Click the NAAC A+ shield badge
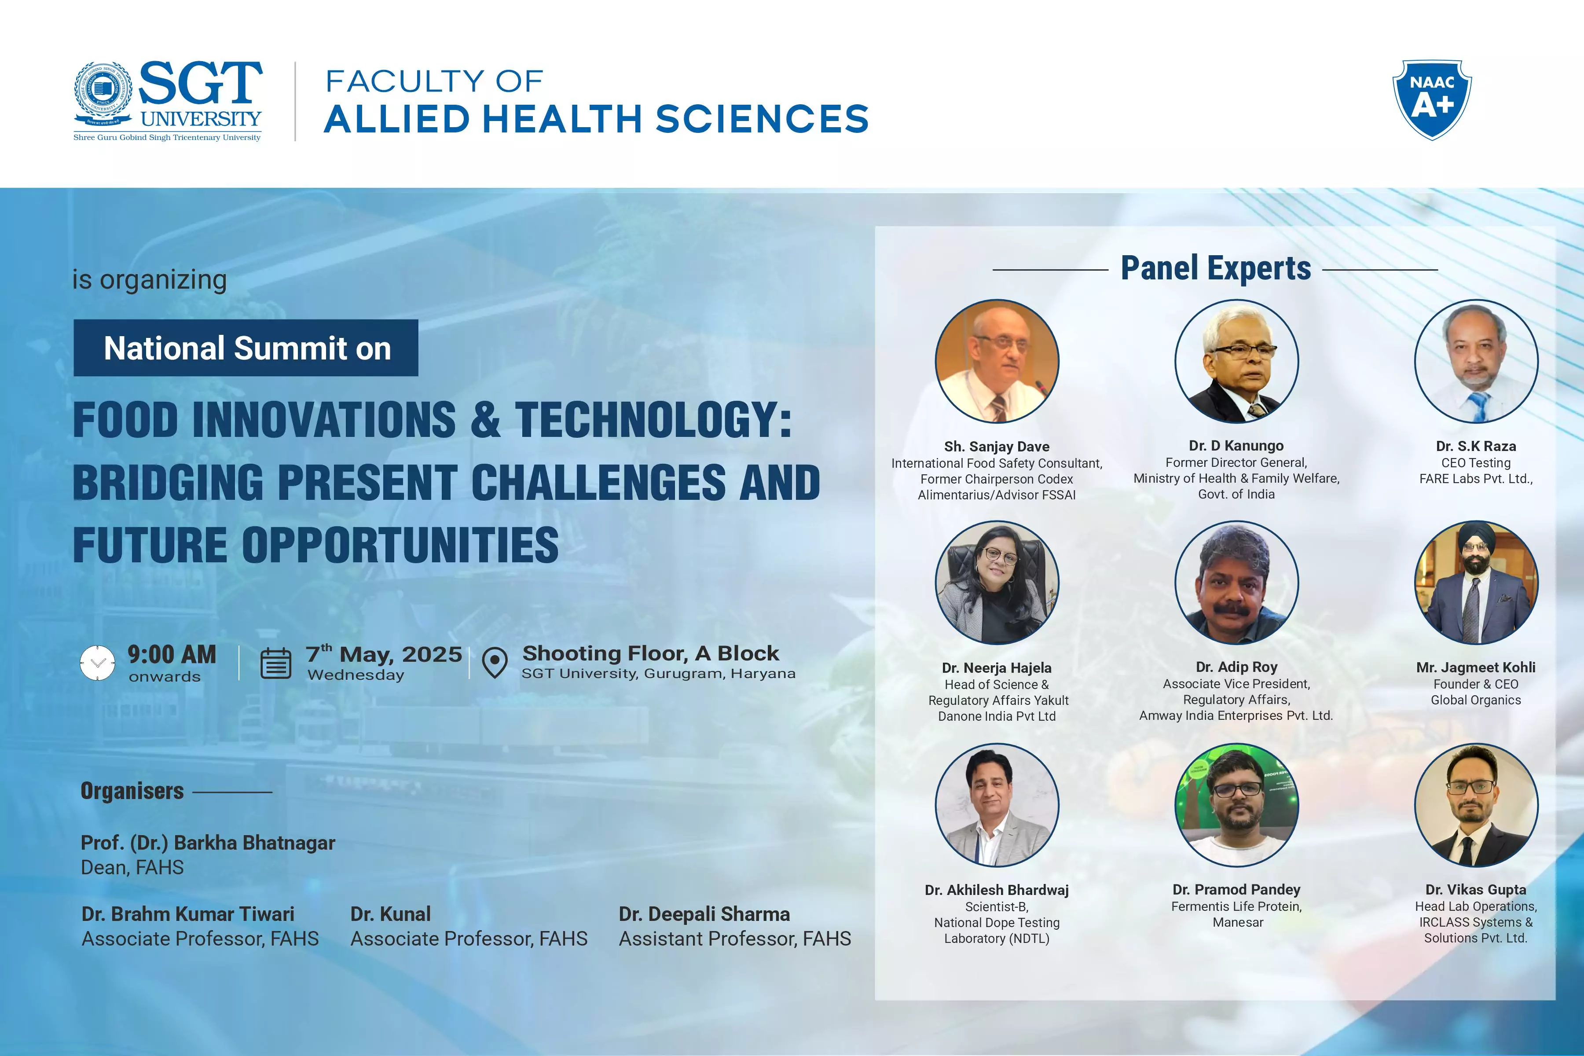[x=1432, y=100]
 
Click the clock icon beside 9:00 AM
[x=98, y=663]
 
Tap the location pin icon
[x=495, y=663]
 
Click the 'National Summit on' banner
[x=246, y=348]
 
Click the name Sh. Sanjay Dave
[x=997, y=447]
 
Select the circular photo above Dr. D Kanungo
[x=1236, y=361]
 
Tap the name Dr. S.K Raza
[x=1476, y=446]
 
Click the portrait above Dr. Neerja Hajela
[x=997, y=583]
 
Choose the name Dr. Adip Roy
[x=1236, y=667]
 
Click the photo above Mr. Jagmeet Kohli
[x=1476, y=583]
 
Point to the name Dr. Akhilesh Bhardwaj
[x=997, y=890]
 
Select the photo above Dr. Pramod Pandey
[x=1236, y=805]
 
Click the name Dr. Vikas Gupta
[x=1476, y=890]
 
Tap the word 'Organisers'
[x=132, y=791]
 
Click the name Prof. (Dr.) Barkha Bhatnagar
[x=208, y=843]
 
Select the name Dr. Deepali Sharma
[x=704, y=914]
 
